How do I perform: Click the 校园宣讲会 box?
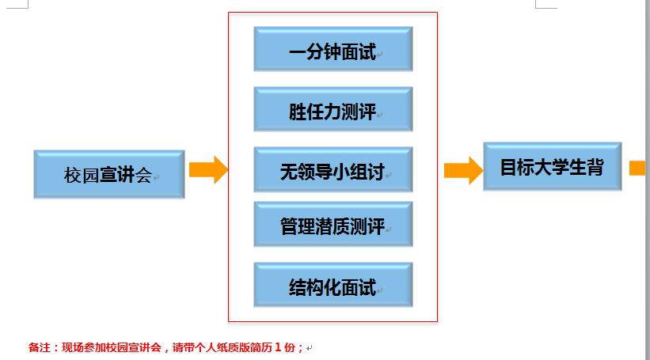pyautogui.click(x=109, y=174)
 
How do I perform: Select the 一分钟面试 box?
pyautogui.click(x=333, y=49)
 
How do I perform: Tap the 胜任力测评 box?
pyautogui.click(x=333, y=109)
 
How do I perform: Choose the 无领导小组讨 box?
pyautogui.click(x=333, y=169)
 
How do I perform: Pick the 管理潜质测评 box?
pyautogui.click(x=333, y=224)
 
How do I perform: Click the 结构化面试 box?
pyautogui.click(x=333, y=285)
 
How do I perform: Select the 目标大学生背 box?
pyautogui.click(x=552, y=166)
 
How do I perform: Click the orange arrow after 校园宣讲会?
pyautogui.click(x=208, y=169)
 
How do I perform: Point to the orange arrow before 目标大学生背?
pyautogui.click(x=462, y=169)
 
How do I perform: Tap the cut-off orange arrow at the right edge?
pyautogui.click(x=638, y=168)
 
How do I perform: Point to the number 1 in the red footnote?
pyautogui.click(x=279, y=347)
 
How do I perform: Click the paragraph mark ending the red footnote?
pyautogui.click(x=310, y=347)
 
